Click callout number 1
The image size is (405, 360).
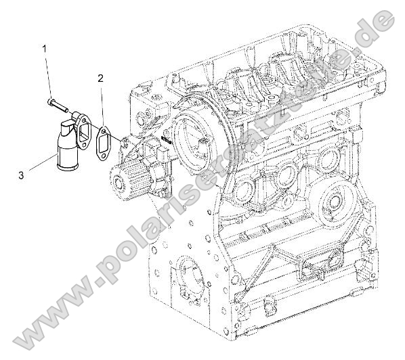click(45, 49)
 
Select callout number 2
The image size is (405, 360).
click(100, 78)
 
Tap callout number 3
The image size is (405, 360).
click(21, 175)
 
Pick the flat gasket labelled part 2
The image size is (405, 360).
click(107, 143)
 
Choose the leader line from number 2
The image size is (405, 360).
click(102, 105)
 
